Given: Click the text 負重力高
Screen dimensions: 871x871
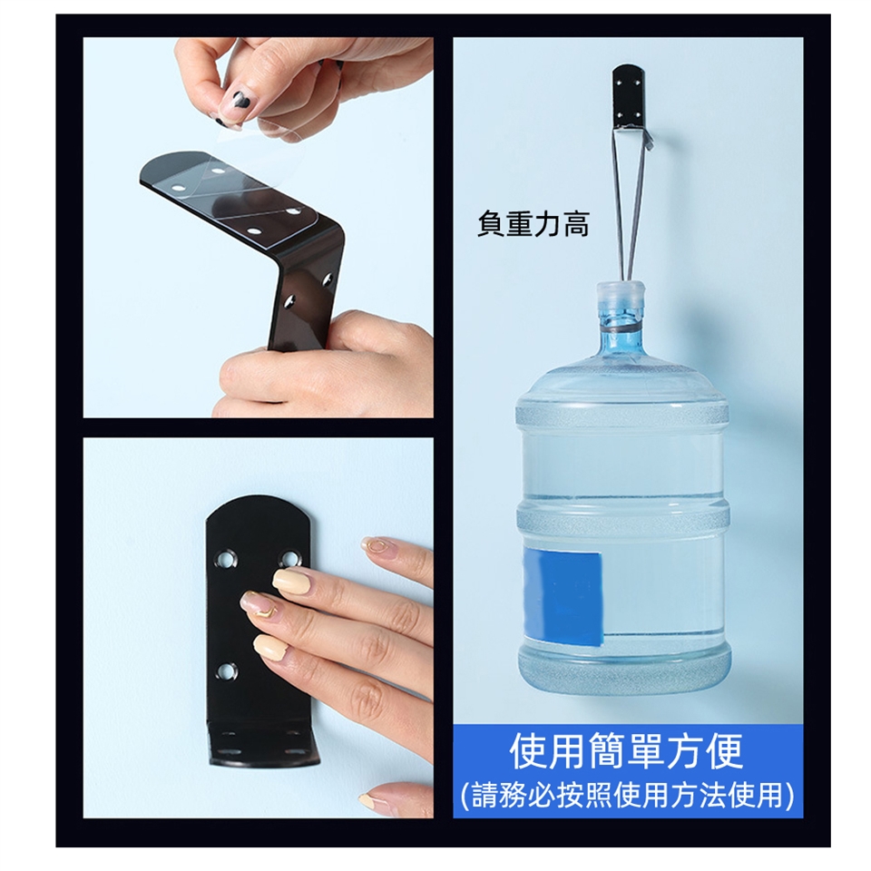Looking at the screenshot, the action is [533, 225].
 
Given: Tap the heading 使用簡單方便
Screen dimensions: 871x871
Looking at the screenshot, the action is [627, 751].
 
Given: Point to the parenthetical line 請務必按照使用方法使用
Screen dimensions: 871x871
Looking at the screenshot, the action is [627, 795].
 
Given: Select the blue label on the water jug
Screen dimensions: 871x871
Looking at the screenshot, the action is [563, 595].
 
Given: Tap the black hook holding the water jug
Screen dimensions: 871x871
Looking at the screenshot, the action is [630, 101].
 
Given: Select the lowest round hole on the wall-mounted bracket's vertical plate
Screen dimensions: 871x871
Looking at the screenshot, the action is [226, 672].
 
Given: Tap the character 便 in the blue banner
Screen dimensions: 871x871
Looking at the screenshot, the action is [723, 751].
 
